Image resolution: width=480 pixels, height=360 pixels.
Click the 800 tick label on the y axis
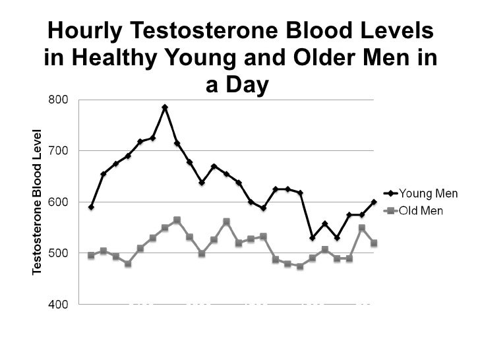pos(57,100)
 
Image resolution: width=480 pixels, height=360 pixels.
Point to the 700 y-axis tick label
pos(57,151)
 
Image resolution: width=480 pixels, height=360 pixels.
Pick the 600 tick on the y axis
pos(57,202)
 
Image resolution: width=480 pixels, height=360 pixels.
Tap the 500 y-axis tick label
pos(57,253)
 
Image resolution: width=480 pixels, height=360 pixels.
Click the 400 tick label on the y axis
pos(57,305)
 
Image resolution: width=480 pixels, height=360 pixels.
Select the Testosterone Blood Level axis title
pos(38,201)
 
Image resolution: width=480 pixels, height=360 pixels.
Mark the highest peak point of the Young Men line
pos(165,107)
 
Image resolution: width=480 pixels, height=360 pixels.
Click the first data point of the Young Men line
pos(91,207)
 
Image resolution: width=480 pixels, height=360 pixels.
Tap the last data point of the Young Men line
pos(374,202)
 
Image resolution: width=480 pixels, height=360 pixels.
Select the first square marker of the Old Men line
pos(91,255)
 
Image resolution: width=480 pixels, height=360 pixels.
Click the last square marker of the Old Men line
pos(374,243)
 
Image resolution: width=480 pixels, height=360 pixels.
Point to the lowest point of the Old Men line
pos(300,266)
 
